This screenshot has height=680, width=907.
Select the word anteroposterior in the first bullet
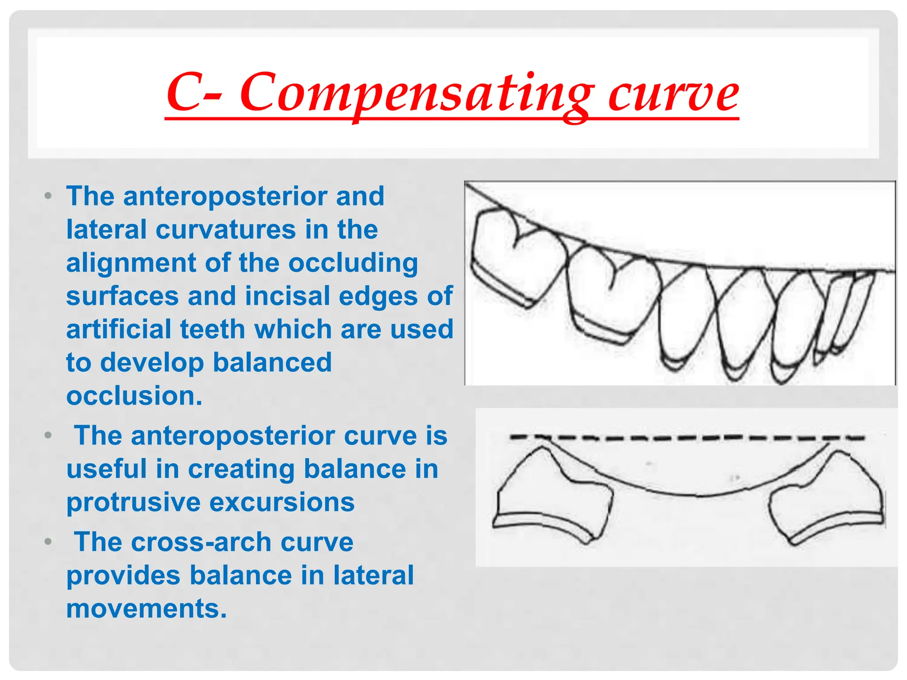point(254,196)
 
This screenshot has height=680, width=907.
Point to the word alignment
point(132,263)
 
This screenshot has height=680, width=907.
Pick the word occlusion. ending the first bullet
point(134,396)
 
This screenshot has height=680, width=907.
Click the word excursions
point(282,503)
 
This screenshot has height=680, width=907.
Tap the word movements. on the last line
point(147,609)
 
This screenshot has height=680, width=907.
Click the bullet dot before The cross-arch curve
point(48,542)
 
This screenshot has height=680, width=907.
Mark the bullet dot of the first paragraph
point(48,196)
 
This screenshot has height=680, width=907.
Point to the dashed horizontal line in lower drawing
point(686,438)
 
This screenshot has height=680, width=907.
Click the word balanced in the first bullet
point(272,363)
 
